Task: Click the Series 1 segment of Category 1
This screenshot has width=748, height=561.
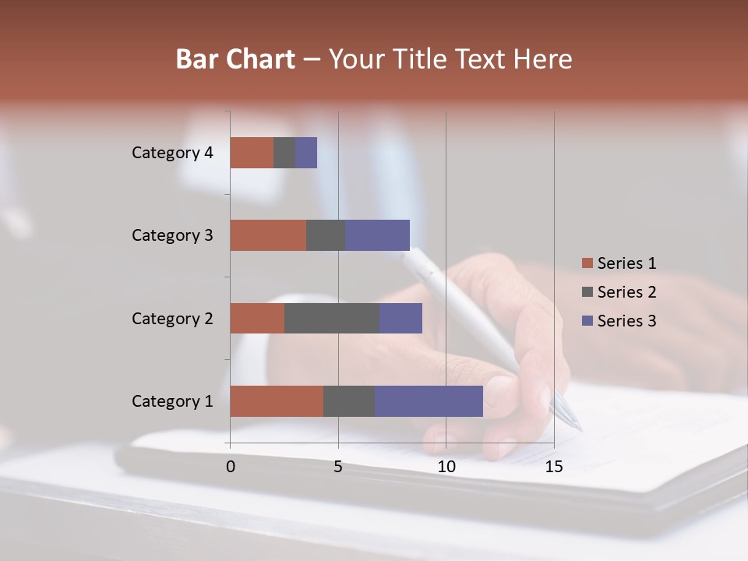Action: (277, 400)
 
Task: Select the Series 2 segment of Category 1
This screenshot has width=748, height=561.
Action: (349, 400)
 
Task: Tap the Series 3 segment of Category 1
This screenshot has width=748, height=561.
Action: (429, 400)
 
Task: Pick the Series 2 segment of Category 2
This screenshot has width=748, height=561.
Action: (332, 318)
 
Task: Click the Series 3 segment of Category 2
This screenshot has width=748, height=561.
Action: (400, 318)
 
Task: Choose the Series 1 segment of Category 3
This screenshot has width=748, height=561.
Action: (268, 235)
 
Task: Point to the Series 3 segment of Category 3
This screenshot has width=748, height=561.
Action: (377, 235)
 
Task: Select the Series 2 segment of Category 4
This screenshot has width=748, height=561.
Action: (284, 153)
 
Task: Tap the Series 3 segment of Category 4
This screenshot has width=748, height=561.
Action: (306, 153)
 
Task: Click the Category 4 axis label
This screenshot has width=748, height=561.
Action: (172, 153)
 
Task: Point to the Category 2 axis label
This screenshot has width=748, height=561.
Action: (172, 318)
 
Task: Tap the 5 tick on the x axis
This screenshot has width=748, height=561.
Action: (338, 467)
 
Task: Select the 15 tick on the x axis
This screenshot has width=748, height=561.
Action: (553, 467)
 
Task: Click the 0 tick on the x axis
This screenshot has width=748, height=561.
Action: (231, 467)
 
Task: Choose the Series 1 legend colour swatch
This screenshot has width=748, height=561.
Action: (587, 263)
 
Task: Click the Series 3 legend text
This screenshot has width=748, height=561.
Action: (626, 321)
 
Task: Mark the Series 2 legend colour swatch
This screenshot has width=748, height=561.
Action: (587, 292)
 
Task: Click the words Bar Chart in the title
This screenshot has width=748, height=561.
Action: (235, 59)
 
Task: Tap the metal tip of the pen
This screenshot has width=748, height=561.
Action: (567, 413)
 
